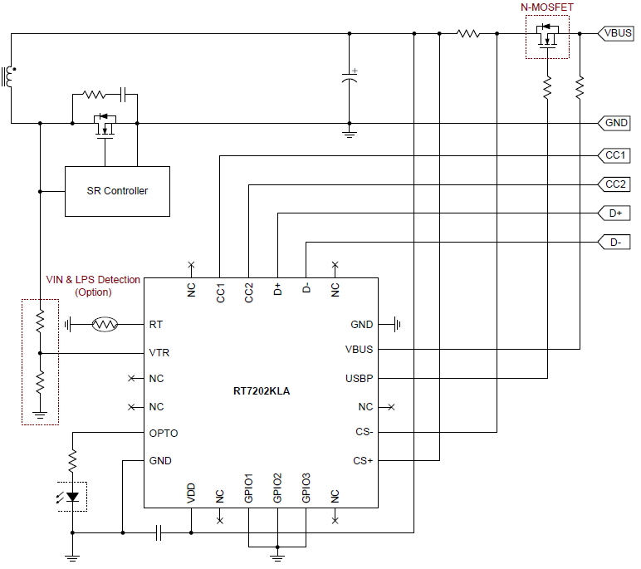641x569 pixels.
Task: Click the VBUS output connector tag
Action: (x=616, y=34)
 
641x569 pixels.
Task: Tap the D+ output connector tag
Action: (x=615, y=213)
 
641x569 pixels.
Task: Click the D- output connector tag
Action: (x=615, y=243)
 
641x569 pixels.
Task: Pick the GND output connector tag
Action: (x=616, y=123)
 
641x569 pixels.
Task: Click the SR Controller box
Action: (x=117, y=191)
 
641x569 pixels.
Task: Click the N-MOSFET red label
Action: (x=546, y=7)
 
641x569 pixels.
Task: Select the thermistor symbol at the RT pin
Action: (x=105, y=324)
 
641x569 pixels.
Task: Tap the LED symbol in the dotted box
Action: (x=73, y=496)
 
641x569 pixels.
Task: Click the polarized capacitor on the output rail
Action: (x=350, y=79)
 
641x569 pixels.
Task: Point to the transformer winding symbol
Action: (x=9, y=76)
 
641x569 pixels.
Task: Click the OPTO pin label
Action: (x=163, y=434)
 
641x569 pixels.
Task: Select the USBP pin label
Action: (x=359, y=379)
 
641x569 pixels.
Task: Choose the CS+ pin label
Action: (x=363, y=461)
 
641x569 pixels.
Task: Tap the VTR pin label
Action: (x=159, y=352)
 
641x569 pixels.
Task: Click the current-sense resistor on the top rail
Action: (x=468, y=34)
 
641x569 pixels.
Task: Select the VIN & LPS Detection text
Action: (x=92, y=280)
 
